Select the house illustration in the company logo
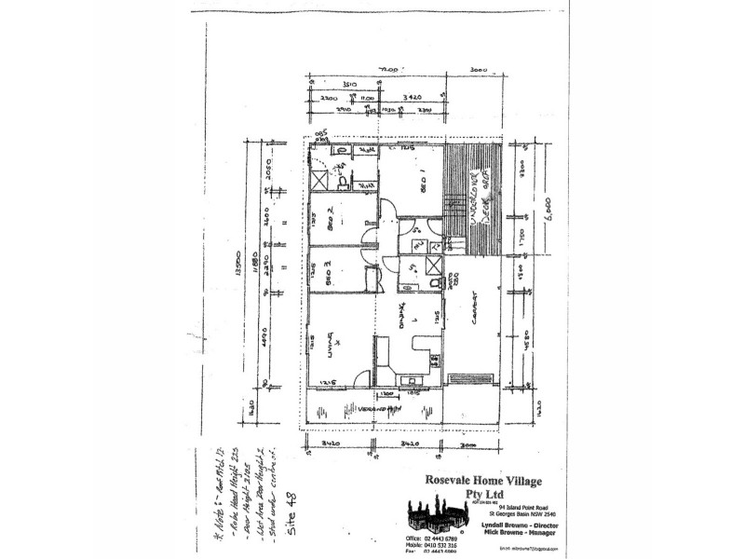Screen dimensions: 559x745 click(x=438, y=523)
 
